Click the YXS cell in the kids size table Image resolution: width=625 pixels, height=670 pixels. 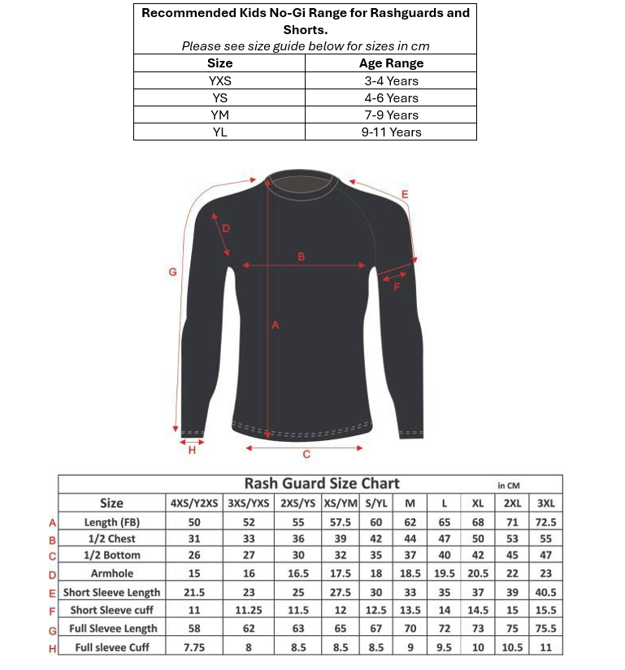pos(219,80)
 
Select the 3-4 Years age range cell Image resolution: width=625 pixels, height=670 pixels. pos(390,80)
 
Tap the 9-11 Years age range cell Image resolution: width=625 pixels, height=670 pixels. pos(390,132)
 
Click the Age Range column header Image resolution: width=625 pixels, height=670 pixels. pos(390,63)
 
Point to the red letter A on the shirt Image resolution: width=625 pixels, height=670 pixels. pos(275,325)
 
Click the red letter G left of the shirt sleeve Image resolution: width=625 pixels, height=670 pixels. pos(172,272)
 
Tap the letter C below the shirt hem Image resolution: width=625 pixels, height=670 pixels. pos(306,455)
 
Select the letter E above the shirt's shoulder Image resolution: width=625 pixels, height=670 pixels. pos(405,194)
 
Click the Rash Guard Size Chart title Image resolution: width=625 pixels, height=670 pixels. pos(322,484)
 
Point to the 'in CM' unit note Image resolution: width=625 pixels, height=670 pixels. pos(508,486)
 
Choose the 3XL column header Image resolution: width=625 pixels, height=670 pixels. pos(545,504)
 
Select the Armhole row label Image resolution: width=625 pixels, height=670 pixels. pos(111,573)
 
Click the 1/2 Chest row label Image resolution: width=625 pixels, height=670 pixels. pos(111,538)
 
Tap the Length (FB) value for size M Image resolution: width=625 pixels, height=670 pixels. pos(410,521)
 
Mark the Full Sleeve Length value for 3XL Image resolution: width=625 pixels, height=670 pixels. pos(545,628)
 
